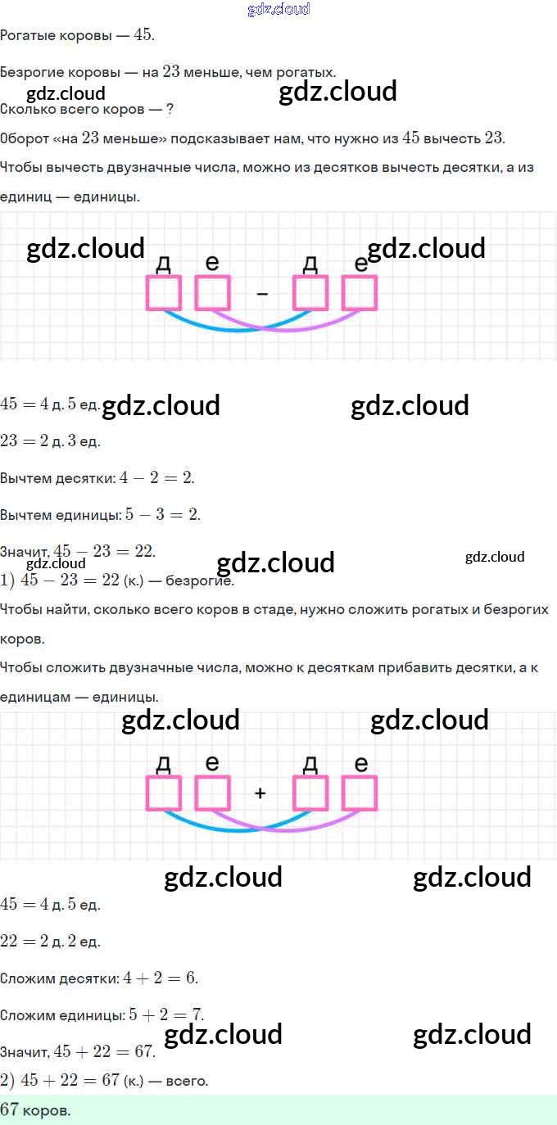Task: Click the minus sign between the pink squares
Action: pyautogui.click(x=261, y=293)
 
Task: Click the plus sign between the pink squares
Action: pyautogui.click(x=260, y=793)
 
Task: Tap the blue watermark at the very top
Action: pyautogui.click(x=278, y=9)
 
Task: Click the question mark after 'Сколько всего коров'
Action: pyautogui.click(x=170, y=108)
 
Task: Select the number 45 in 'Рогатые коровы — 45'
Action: pyautogui.click(x=143, y=34)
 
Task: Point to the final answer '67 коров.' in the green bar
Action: pyautogui.click(x=35, y=1110)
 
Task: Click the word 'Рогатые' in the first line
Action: pyautogui.click(x=27, y=36)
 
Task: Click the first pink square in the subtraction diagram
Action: pyautogui.click(x=164, y=293)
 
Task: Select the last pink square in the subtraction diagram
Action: pyautogui.click(x=359, y=293)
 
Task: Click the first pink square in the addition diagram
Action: pyautogui.click(x=164, y=793)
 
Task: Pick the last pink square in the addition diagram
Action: pyautogui.click(x=359, y=793)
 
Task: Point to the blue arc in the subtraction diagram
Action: pyautogui.click(x=237, y=330)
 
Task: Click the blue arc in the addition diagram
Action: pyautogui.click(x=237, y=830)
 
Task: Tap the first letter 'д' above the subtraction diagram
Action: pyautogui.click(x=163, y=263)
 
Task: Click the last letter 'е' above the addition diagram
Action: pyautogui.click(x=360, y=764)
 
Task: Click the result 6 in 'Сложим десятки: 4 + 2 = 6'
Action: pyautogui.click(x=190, y=978)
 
